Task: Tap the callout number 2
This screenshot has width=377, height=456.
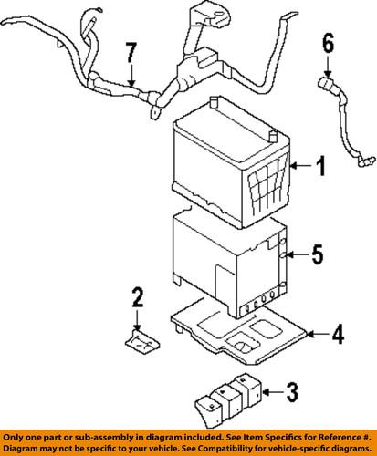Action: (137, 296)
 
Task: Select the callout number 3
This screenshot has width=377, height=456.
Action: (292, 394)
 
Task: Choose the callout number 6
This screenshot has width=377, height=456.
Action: (329, 42)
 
